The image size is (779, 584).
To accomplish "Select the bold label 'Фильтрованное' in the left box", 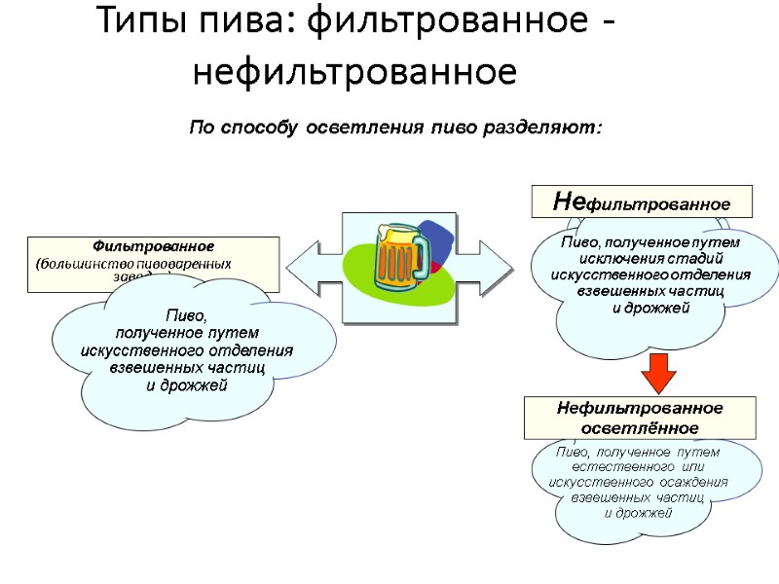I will [153, 245].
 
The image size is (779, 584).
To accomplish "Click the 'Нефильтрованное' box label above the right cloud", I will [642, 202].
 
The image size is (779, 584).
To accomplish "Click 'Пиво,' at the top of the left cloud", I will [187, 315].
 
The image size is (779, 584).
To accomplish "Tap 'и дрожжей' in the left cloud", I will [187, 385].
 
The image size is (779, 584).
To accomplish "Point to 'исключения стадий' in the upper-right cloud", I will [649, 258].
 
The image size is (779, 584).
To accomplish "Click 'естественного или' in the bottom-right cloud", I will [637, 467].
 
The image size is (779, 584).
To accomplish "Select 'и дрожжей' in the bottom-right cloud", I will [639, 513].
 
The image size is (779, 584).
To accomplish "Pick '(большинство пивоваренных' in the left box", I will [133, 264].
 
